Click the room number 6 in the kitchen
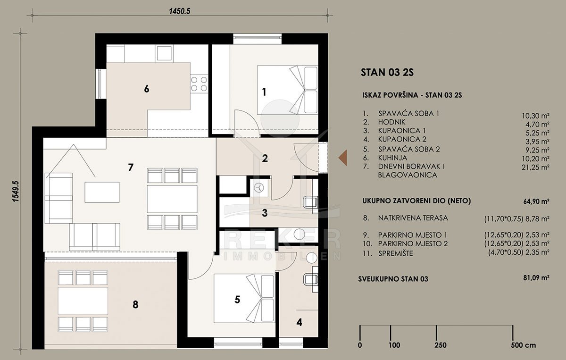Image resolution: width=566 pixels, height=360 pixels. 147,89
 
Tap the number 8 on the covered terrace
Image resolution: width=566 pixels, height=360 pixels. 135,305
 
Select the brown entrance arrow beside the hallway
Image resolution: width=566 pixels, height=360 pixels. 343,158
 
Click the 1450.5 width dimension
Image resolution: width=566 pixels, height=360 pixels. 179,11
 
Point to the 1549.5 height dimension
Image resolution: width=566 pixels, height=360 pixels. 16,191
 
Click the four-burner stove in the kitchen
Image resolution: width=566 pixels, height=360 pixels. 199,84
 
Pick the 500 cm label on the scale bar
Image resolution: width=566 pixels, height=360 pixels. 523,345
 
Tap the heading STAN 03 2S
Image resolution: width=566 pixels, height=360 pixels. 387,73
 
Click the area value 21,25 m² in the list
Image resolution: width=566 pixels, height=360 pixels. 535,167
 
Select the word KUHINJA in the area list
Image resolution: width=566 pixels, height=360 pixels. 392,158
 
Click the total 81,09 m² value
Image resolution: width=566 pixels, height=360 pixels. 536,278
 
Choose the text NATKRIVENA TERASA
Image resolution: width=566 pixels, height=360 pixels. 413,218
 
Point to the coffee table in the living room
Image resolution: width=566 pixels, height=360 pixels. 102,192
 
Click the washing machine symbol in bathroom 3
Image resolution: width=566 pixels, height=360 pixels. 259,188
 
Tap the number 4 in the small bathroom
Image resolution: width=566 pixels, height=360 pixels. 300,322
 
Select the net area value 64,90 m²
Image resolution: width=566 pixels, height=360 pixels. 536,201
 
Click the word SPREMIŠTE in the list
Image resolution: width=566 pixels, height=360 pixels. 395,253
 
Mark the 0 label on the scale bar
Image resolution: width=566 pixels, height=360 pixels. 360,345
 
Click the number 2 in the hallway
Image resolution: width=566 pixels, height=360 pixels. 265,158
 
